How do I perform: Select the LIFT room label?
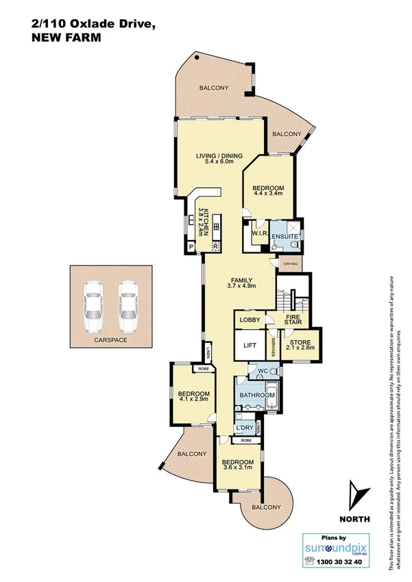[250, 346]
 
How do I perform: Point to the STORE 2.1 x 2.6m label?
[299, 345]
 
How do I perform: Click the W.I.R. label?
[258, 234]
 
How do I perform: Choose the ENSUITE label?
[284, 237]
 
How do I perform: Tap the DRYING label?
[291, 263]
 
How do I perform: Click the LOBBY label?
[249, 320]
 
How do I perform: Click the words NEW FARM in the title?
[66, 39]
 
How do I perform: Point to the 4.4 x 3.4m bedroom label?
[267, 192]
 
